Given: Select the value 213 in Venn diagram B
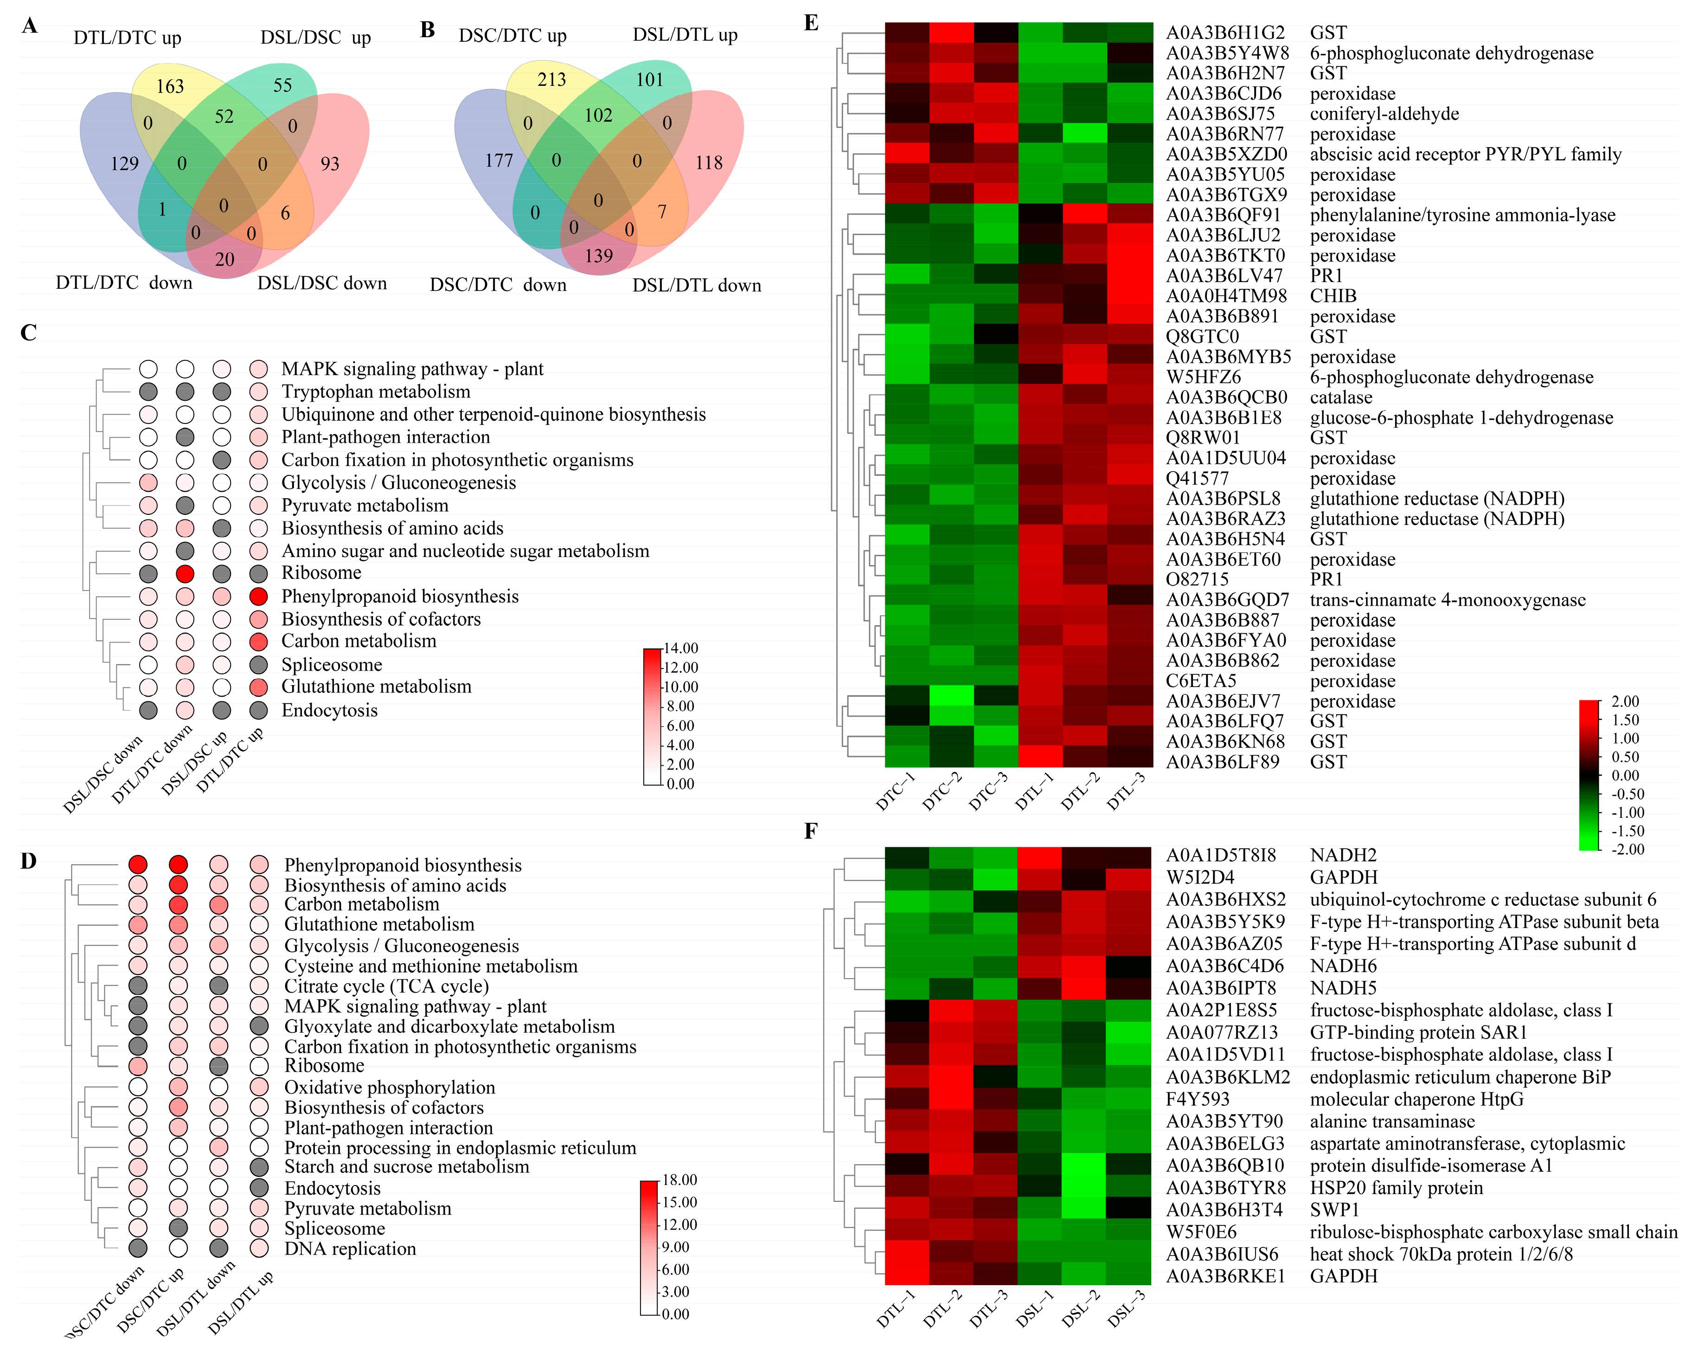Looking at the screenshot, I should (x=551, y=79).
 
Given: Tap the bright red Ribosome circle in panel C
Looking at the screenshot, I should (x=185, y=573).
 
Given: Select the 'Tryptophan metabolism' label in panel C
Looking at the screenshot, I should (x=376, y=391).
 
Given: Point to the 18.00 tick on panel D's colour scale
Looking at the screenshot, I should (x=679, y=1180).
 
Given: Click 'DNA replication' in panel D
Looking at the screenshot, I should (x=350, y=1249).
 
